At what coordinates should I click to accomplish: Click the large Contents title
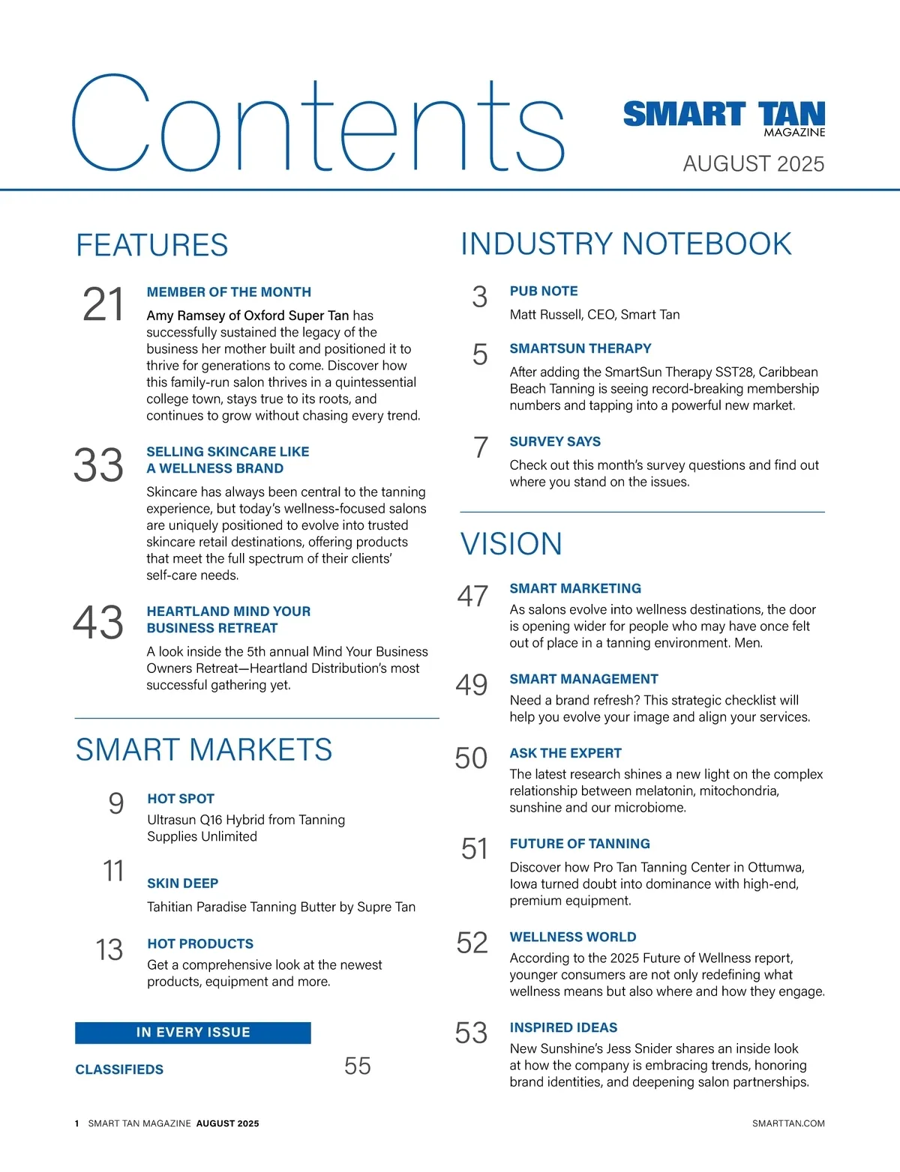pyautogui.click(x=317, y=124)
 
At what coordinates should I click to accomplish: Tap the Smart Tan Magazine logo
pyautogui.click(x=724, y=118)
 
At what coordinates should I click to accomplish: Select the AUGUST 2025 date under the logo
pyautogui.click(x=753, y=164)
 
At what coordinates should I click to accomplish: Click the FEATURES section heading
pyautogui.click(x=152, y=246)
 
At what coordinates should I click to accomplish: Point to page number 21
pyautogui.click(x=103, y=305)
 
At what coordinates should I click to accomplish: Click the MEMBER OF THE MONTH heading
pyautogui.click(x=229, y=292)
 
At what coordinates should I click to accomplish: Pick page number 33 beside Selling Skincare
pyautogui.click(x=98, y=465)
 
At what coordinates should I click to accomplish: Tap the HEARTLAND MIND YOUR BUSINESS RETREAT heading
pyautogui.click(x=228, y=620)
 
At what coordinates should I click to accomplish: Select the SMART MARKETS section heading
pyautogui.click(x=204, y=750)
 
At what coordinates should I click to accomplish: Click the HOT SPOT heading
pyautogui.click(x=181, y=799)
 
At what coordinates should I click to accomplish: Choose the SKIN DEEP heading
pyautogui.click(x=182, y=883)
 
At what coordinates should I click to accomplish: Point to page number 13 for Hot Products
pyautogui.click(x=109, y=949)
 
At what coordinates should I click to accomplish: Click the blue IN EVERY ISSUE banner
pyautogui.click(x=193, y=1033)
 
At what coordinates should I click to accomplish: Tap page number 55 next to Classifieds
pyautogui.click(x=358, y=1066)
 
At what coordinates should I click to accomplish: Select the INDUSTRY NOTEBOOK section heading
pyautogui.click(x=626, y=244)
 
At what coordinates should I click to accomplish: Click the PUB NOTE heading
pyautogui.click(x=544, y=292)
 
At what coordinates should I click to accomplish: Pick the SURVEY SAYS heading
pyautogui.click(x=555, y=442)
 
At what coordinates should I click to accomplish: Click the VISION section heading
pyautogui.click(x=511, y=544)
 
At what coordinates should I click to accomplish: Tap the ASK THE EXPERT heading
pyautogui.click(x=565, y=754)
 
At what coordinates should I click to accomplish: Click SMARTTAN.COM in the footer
pyautogui.click(x=788, y=1123)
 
